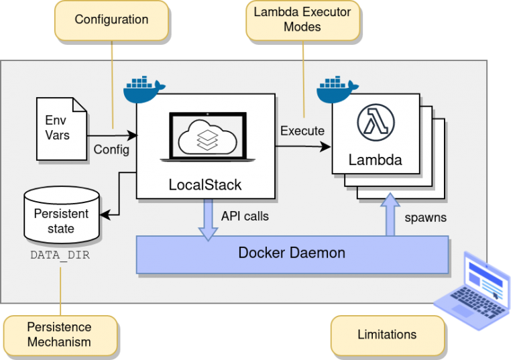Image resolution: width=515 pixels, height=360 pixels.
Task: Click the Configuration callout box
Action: tap(111, 19)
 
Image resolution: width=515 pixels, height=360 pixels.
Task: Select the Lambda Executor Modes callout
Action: tap(302, 19)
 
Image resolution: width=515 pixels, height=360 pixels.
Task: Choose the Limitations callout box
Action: tap(387, 335)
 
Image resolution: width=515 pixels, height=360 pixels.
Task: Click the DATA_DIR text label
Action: tap(60, 255)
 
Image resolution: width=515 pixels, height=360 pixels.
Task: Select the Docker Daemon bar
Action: tap(292, 253)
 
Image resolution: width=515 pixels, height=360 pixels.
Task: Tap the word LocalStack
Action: tap(205, 184)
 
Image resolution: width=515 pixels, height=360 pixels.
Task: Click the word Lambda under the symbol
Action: tap(376, 160)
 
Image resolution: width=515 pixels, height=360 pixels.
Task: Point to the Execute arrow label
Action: tap(302, 131)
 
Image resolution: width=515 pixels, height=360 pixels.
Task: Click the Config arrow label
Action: tap(111, 149)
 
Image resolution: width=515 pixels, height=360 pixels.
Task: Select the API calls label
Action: tap(245, 217)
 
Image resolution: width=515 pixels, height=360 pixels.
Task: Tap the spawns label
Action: tap(426, 218)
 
